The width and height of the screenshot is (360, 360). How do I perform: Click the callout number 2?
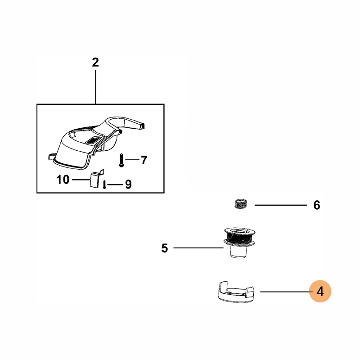pos(95,63)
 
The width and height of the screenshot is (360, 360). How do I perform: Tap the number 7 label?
pos(144,160)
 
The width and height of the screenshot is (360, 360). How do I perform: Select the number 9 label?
pos(128,184)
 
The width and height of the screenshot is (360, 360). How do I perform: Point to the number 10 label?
pos(63,180)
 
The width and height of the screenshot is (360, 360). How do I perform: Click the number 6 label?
pos(316,206)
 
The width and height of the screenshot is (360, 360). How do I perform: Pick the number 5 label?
pos(164,247)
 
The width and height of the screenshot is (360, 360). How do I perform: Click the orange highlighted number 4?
pos(320,291)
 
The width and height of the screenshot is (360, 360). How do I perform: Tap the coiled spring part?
pos(242,204)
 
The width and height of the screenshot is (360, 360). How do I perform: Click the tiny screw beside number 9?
pos(105,184)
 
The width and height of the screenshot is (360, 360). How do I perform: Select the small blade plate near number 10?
pos(94,179)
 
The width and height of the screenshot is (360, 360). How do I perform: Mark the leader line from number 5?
pos(198,247)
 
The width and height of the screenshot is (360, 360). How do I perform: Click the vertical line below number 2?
pos(95,85)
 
